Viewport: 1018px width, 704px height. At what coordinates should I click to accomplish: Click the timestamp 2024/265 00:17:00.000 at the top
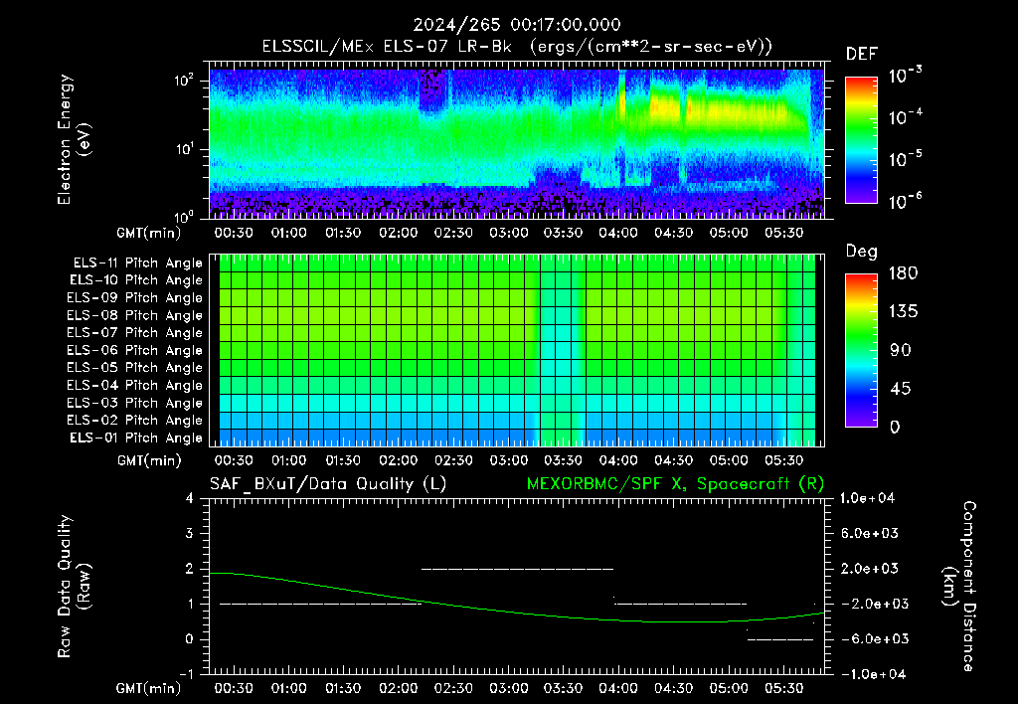(517, 25)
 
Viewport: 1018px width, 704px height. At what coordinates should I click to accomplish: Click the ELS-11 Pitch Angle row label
(137, 264)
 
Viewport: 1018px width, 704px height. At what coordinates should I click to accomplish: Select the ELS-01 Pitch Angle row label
(135, 438)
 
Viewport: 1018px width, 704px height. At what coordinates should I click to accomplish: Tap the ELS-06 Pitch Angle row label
(134, 351)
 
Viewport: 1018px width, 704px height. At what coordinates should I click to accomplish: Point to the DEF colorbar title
(862, 54)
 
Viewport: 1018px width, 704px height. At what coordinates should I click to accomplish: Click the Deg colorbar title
(862, 252)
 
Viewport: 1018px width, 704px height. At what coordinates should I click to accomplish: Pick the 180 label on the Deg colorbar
(903, 272)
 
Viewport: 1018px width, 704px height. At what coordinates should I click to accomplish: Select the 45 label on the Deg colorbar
(900, 389)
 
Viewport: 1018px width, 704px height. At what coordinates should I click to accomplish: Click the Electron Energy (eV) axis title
(74, 139)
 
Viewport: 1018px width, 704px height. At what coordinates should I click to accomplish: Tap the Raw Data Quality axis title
(74, 587)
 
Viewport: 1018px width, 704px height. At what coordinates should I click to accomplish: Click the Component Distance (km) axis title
(959, 587)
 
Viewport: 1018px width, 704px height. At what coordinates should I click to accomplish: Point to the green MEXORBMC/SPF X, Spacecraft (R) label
(675, 484)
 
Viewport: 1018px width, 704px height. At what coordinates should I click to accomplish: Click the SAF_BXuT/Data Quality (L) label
(328, 484)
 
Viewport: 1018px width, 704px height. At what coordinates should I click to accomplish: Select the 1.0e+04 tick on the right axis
(867, 498)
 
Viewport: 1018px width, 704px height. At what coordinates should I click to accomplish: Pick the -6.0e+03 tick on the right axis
(870, 639)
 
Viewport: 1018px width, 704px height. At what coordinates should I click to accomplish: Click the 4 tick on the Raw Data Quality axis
(190, 498)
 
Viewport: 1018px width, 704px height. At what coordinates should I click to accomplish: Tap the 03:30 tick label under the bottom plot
(563, 688)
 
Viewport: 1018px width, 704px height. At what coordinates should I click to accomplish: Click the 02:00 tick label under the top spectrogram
(398, 233)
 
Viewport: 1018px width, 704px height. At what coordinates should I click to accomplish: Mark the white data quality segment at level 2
(517, 569)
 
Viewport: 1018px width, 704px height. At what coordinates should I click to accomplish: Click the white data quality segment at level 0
(780, 639)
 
